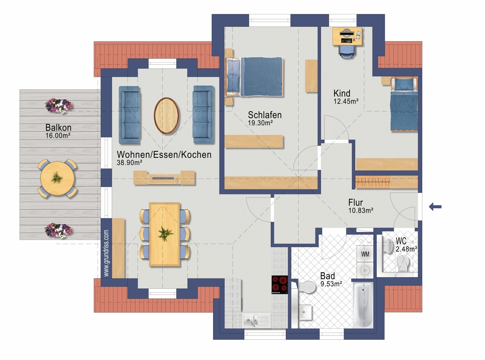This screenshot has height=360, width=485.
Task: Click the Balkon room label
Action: pyautogui.click(x=59, y=127)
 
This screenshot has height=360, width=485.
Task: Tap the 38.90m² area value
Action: pyautogui.click(x=130, y=163)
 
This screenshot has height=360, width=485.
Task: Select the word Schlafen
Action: pyautogui.click(x=264, y=115)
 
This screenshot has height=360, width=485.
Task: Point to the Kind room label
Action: pyautogui.click(x=342, y=93)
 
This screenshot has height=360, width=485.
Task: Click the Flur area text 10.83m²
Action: pyautogui.click(x=361, y=210)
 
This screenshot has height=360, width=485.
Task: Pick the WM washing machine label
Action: pyautogui.click(x=365, y=254)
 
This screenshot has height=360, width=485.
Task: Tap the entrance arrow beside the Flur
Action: pyautogui.click(x=435, y=206)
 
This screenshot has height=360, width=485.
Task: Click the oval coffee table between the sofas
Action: pyautogui.click(x=167, y=116)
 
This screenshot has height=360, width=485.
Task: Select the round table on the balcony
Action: pyautogui.click(x=57, y=178)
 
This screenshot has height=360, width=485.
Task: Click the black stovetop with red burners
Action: pyautogui.click(x=280, y=285)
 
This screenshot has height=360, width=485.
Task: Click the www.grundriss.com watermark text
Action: pyautogui.click(x=106, y=253)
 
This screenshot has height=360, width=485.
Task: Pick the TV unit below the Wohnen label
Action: pyautogui.click(x=164, y=177)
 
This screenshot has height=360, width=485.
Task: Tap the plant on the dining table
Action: pyautogui.click(x=165, y=233)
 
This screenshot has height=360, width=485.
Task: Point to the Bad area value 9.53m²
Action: pyautogui.click(x=331, y=284)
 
